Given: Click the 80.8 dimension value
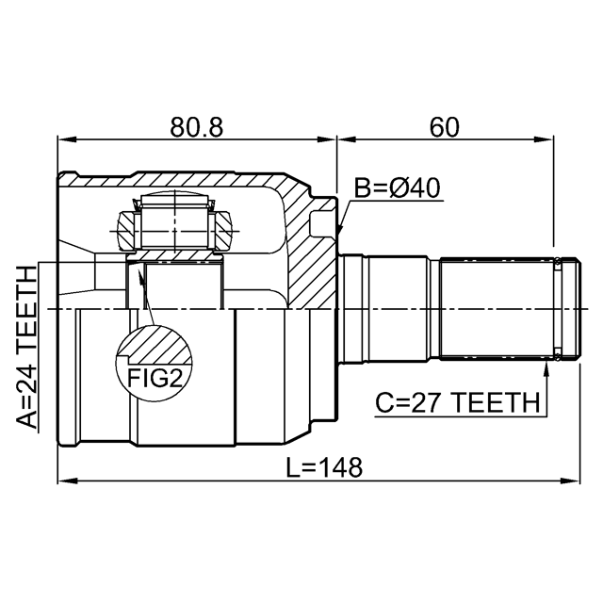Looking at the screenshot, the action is pos(197,127).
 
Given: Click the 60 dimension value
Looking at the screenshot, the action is pos(444,127).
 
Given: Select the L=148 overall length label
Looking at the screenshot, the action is pos(325,467).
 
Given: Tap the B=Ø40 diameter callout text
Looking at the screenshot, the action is pos(398,188).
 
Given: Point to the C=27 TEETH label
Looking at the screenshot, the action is pos(458,402).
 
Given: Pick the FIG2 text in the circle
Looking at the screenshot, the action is pos(155,378).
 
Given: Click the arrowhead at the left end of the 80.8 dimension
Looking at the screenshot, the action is pos(68,140).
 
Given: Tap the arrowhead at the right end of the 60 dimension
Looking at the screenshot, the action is pos(544,140).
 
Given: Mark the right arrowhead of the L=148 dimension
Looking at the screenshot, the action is pos(570,481).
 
